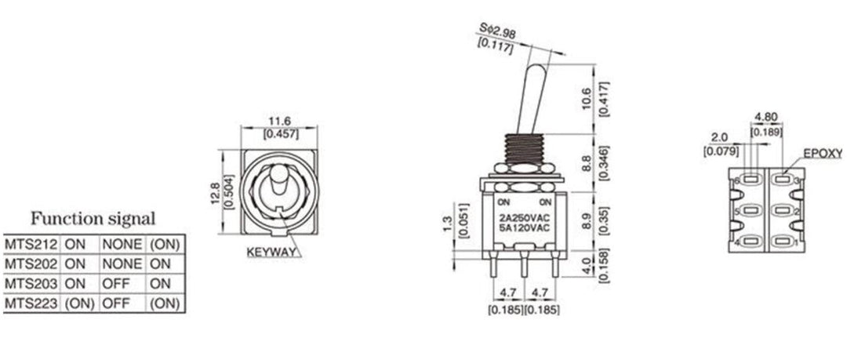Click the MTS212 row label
point(31,244)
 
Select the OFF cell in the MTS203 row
point(115,284)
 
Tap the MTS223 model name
point(31,304)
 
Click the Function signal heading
point(93,219)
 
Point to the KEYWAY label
point(271,252)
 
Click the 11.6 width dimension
point(280,121)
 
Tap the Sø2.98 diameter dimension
point(497,31)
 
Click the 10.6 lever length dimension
point(587,96)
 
